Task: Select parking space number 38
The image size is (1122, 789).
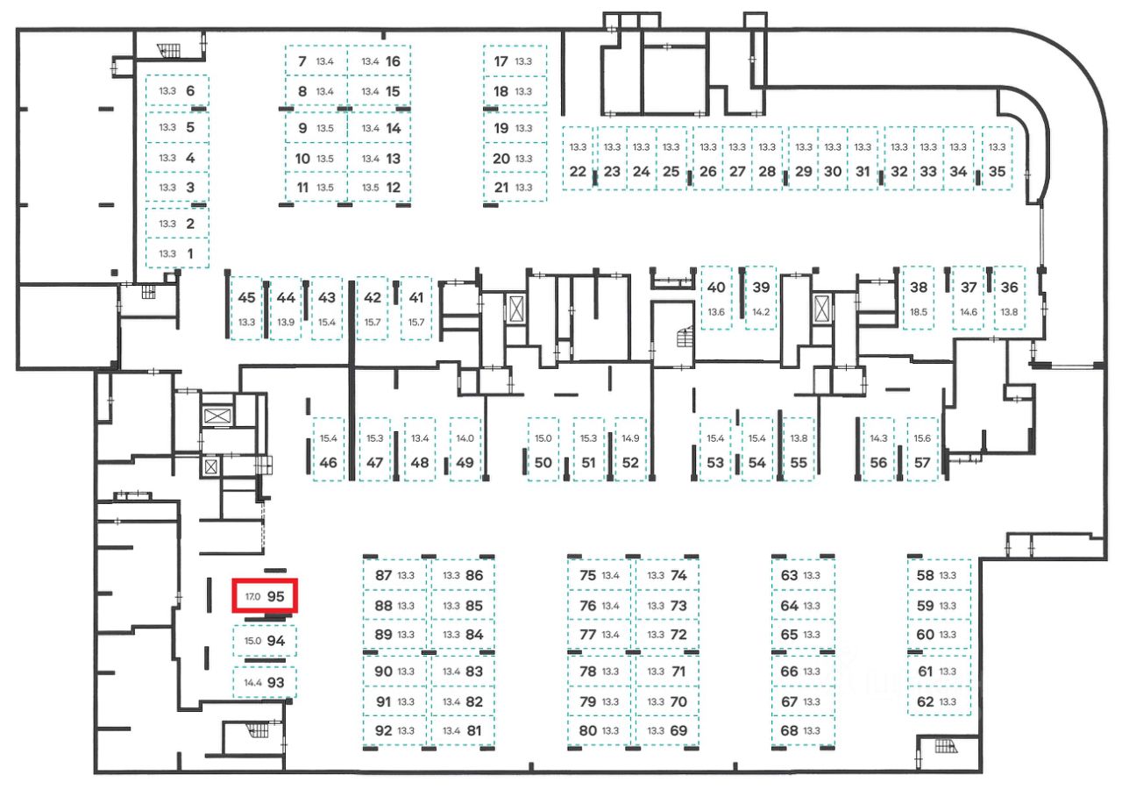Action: click(x=919, y=297)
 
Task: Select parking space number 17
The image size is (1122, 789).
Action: click(x=515, y=61)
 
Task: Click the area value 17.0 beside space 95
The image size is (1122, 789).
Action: click(x=252, y=596)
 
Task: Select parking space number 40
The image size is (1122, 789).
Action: click(x=716, y=297)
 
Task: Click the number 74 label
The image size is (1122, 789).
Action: click(x=678, y=576)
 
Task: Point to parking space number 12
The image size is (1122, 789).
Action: click(x=380, y=187)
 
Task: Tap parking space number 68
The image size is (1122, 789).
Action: click(x=802, y=730)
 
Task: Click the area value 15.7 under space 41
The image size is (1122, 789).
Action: click(x=415, y=323)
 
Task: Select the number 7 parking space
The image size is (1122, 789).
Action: click(x=315, y=61)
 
